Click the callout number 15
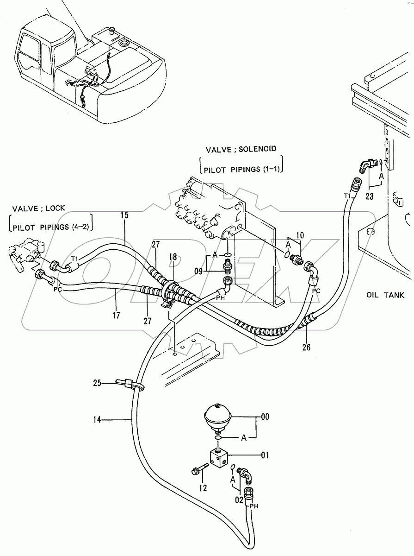tap(125, 215)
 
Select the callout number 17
tap(116, 315)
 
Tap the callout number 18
tap(173, 257)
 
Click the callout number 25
tap(97, 382)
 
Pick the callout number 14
tap(97, 420)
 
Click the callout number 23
tap(369, 196)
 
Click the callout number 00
tap(265, 417)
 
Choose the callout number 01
tap(265, 455)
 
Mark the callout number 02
tap(239, 500)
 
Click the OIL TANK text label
tap(385, 295)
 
